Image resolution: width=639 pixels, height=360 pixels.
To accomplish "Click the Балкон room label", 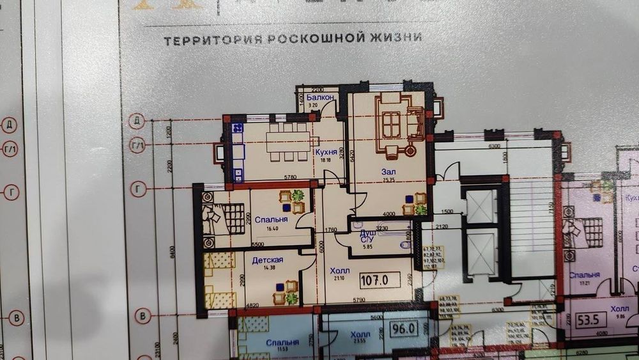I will tap(319, 97).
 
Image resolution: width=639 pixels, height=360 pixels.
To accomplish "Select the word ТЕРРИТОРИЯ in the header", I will tap(211, 40).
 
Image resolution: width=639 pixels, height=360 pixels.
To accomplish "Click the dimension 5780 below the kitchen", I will tap(275, 177).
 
